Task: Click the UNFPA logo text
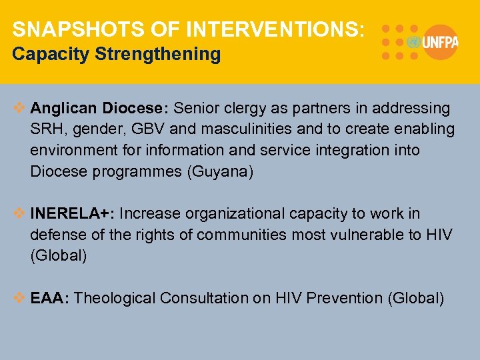440,42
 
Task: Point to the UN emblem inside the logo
413,42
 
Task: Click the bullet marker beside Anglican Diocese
20,108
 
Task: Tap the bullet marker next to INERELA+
20,214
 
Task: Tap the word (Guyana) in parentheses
221,172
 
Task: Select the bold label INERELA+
71,214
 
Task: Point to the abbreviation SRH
45,129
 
